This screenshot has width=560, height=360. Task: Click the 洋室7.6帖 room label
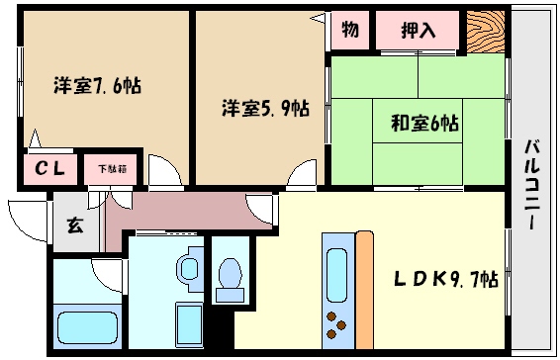tap(96, 85)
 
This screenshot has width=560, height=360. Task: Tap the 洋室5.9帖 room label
tap(264, 107)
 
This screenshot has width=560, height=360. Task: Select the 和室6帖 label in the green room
tap(422, 124)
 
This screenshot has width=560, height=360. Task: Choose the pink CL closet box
tap(50, 169)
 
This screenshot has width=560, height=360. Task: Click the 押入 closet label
tap(419, 30)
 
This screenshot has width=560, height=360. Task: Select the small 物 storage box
tap(350, 29)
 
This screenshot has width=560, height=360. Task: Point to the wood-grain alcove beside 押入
tap(485, 32)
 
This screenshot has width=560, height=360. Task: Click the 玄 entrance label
tap(75, 225)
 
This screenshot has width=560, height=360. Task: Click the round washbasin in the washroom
tap(188, 267)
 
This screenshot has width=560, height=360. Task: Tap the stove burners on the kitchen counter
tap(336, 325)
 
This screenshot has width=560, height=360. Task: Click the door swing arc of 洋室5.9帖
tap(302, 175)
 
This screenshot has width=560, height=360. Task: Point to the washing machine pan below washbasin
tap(188, 322)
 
